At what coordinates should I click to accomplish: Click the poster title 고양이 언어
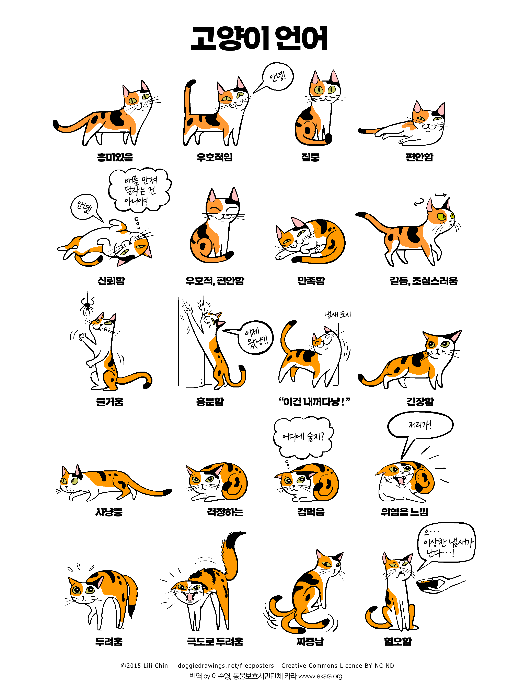(x=259, y=38)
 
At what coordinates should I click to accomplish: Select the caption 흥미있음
(x=115, y=157)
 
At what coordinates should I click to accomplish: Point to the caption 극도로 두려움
(x=215, y=641)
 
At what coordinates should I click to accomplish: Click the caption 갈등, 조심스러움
(x=424, y=280)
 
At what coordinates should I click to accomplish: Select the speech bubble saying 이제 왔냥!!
(x=255, y=337)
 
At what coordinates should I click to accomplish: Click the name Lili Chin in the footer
(x=155, y=665)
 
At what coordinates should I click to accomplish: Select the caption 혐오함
(x=398, y=641)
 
